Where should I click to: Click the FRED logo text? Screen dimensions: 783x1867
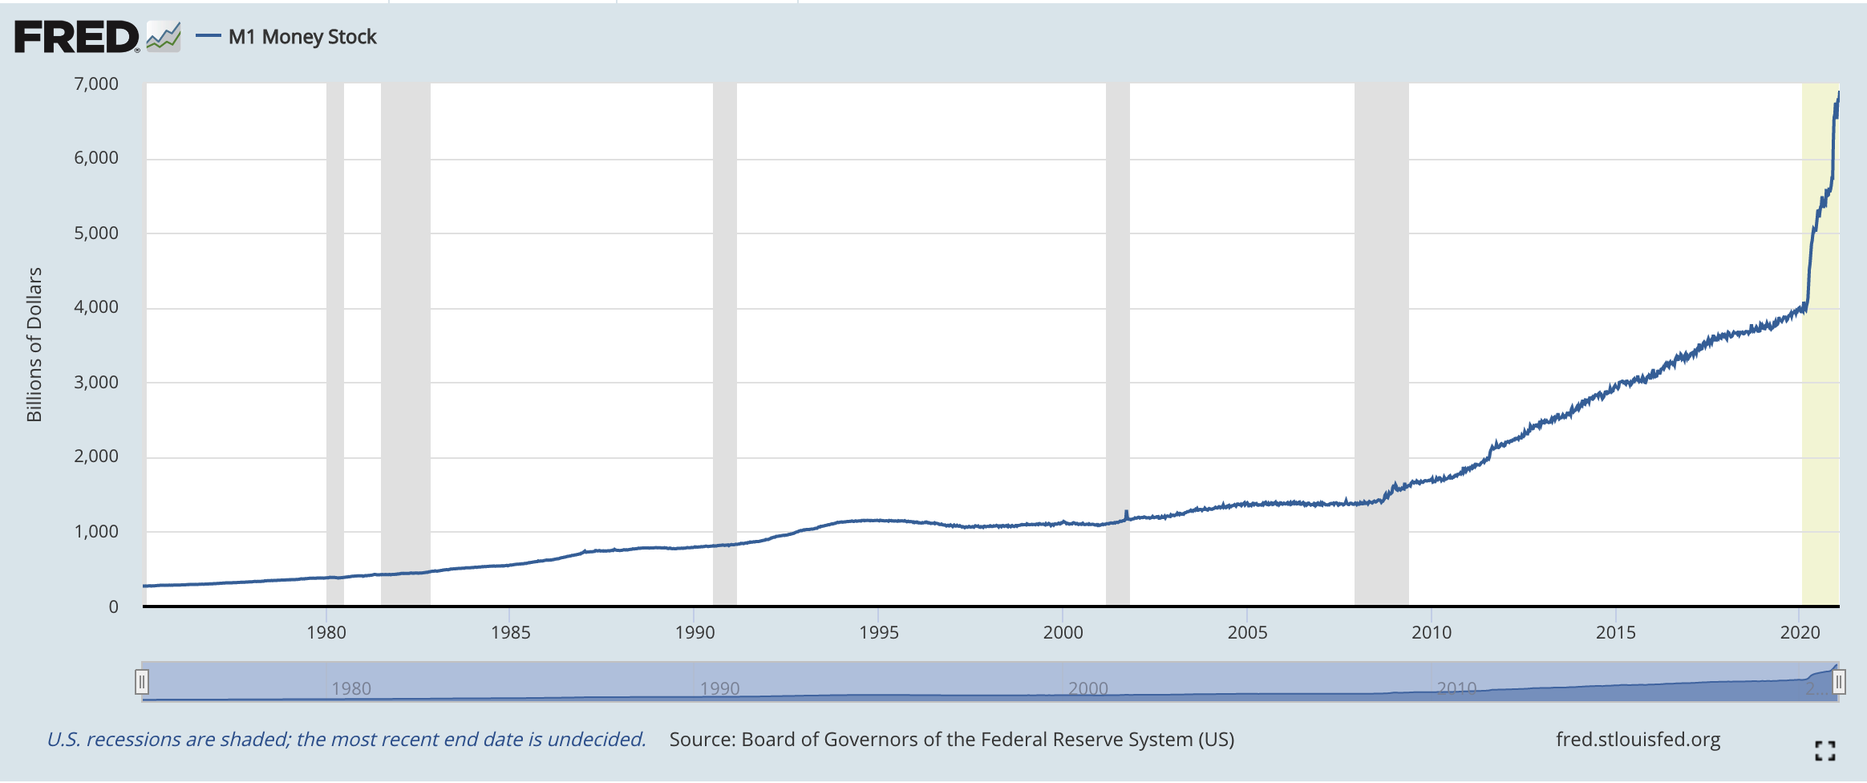[76, 37]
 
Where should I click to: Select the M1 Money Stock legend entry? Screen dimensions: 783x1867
[302, 37]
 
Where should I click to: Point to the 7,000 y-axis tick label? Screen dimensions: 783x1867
[96, 84]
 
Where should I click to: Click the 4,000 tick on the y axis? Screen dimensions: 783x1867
[96, 307]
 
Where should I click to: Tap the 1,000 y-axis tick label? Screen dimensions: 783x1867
[96, 531]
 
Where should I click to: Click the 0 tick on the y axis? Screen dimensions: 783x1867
[113, 607]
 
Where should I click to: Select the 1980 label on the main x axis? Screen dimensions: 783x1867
[326, 632]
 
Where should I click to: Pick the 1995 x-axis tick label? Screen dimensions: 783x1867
[879, 632]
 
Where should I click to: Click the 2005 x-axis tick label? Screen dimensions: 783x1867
[1247, 632]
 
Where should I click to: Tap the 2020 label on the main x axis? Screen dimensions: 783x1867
[1800, 632]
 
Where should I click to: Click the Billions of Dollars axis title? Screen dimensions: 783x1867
[34, 344]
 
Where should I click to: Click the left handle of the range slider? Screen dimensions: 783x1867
[142, 682]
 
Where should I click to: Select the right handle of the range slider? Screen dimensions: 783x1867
[1839, 682]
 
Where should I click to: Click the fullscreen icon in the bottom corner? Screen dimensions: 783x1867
[1824, 751]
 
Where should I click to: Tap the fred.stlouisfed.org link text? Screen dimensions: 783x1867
[1638, 739]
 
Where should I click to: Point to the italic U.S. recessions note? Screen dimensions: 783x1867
[346, 739]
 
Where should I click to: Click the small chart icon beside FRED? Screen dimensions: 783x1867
[164, 36]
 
